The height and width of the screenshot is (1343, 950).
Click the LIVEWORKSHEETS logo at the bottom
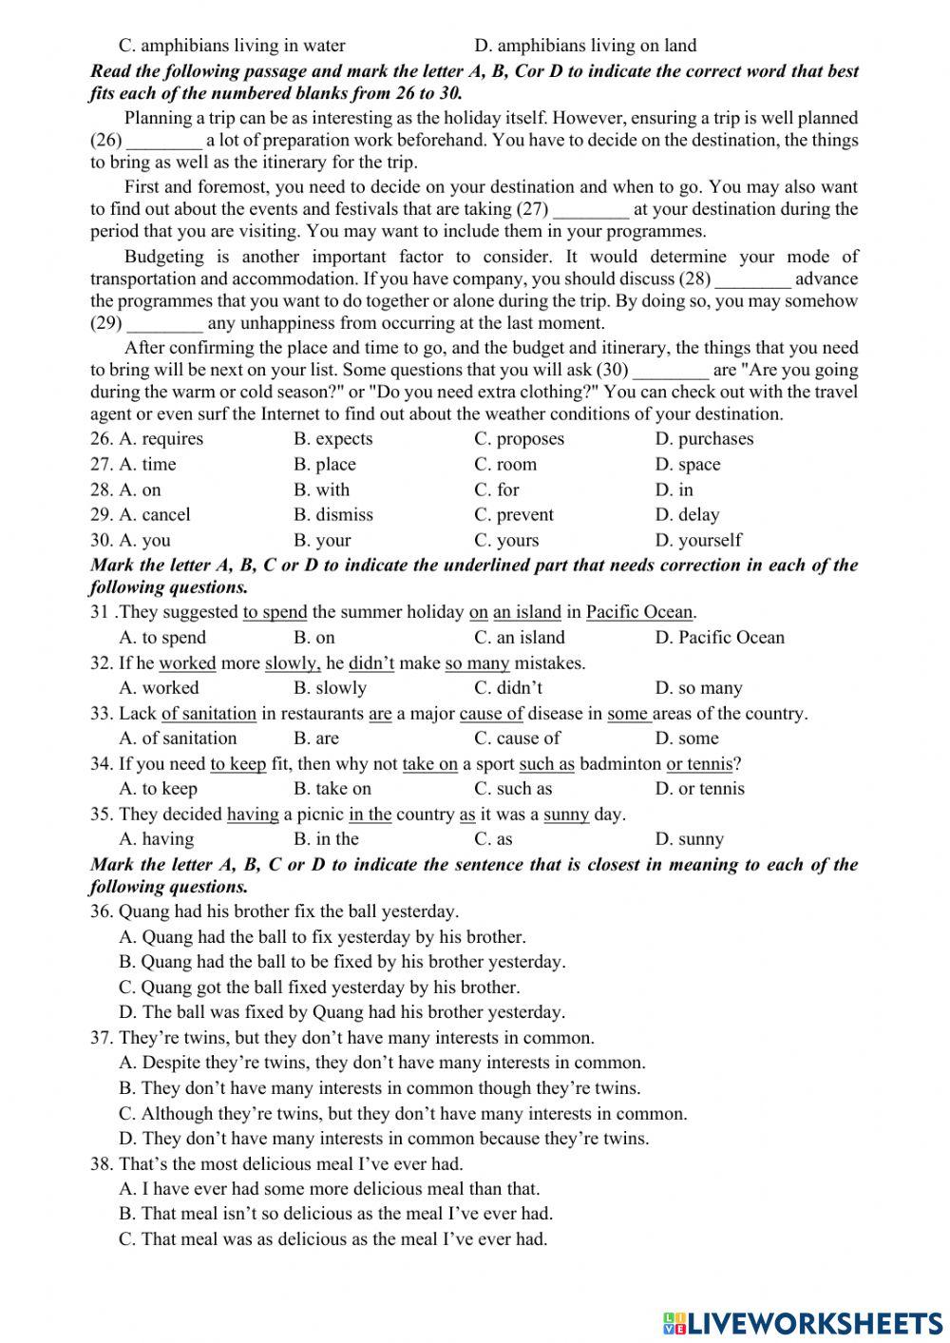803,1322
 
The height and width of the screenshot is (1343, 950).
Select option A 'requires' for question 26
161,439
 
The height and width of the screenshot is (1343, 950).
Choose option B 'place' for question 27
324,465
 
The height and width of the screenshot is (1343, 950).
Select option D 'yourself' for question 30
697,541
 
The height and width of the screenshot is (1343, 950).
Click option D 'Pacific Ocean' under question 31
719,638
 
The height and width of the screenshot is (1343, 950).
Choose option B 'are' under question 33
315,739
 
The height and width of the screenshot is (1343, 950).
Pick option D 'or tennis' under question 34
699,789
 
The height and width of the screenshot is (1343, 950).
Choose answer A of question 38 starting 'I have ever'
329,1189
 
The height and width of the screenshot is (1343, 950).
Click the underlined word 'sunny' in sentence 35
565,815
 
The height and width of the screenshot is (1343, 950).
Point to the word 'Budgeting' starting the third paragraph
163,257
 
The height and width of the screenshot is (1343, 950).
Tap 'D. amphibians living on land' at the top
584,46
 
